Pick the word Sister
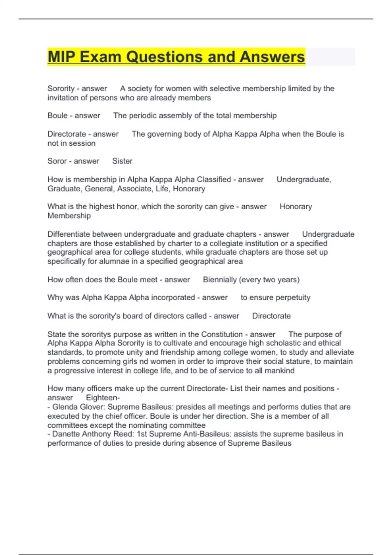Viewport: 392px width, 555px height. click(122, 161)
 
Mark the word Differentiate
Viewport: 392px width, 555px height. click(69, 234)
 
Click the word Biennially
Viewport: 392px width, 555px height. click(220, 280)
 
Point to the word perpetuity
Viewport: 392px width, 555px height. click(292, 298)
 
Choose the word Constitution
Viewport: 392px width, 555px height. click(222, 334)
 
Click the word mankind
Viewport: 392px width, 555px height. click(279, 371)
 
